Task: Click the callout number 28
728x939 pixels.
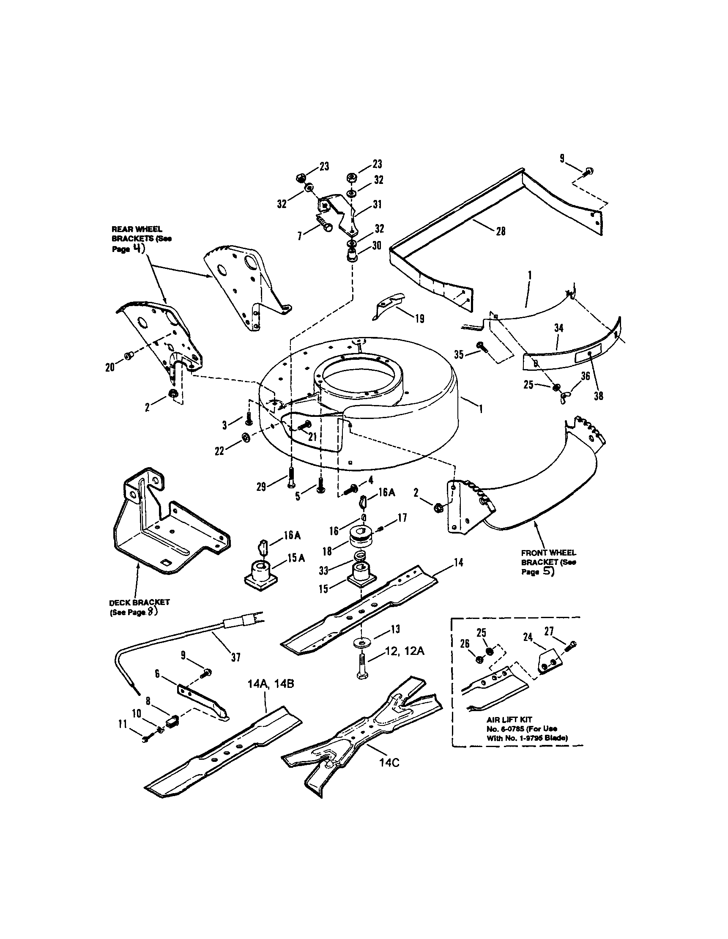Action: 500,231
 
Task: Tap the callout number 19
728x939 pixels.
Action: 419,318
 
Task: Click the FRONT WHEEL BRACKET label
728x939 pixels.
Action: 548,562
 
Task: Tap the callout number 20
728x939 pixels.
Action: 110,367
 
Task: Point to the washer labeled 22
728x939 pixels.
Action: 246,437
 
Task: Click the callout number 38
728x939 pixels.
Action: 599,396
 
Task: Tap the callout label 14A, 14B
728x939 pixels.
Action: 271,684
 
